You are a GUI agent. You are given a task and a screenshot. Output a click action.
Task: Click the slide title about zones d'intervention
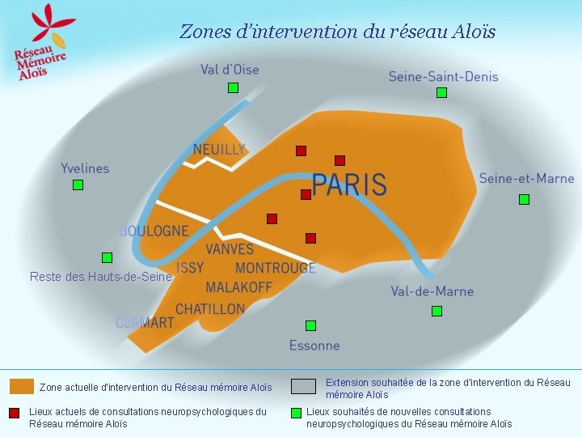tap(337, 32)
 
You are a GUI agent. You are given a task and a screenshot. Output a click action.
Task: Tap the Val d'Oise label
tap(230, 70)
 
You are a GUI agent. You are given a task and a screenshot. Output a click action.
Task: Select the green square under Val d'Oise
tap(233, 87)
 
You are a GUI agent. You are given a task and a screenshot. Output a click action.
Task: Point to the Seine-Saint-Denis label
tap(443, 77)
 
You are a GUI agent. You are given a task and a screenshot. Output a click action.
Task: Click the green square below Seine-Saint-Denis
tap(441, 93)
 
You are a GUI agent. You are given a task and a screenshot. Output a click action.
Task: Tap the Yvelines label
tap(85, 168)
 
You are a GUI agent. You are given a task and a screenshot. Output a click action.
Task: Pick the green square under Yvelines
tap(78, 185)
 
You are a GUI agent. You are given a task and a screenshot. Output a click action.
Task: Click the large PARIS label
tap(349, 185)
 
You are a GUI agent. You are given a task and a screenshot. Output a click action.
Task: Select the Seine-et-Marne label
tap(526, 178)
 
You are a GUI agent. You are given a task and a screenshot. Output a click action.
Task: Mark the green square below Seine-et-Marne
tap(524, 199)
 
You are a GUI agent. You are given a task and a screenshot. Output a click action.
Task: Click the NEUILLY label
tap(218, 150)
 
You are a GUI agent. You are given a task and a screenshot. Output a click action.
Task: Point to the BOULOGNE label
tap(154, 231)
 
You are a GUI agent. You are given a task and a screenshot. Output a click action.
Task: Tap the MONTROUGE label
tap(275, 268)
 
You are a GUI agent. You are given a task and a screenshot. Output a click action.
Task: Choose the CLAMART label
tap(145, 322)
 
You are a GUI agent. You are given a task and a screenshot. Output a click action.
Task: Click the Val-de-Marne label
tap(432, 291)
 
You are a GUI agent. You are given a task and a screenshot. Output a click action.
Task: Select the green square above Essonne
tap(310, 325)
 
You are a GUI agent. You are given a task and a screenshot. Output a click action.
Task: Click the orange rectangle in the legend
tap(22, 386)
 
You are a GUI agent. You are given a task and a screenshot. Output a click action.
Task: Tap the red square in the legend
tap(14, 414)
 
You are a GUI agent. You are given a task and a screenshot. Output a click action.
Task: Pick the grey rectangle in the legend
tap(304, 386)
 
